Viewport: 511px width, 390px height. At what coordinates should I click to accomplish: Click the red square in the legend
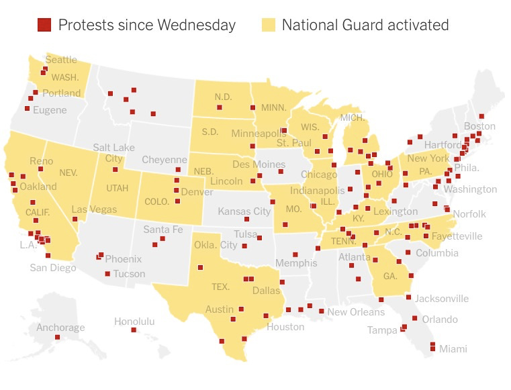(x=44, y=26)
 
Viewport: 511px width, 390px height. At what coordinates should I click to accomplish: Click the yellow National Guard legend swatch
(x=268, y=26)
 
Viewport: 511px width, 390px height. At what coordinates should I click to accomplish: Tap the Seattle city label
(x=60, y=60)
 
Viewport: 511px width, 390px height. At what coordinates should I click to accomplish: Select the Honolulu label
(x=134, y=322)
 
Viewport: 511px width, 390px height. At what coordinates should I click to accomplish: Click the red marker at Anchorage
(x=57, y=338)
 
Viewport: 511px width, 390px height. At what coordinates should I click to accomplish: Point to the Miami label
(x=453, y=349)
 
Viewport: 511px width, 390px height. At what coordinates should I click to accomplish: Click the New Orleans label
(x=356, y=311)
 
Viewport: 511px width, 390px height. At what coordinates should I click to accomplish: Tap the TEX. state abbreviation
(x=220, y=287)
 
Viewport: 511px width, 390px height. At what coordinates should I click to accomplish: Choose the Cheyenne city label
(x=165, y=160)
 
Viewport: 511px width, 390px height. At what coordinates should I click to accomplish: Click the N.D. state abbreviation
(x=223, y=97)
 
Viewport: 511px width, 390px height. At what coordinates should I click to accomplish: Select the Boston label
(x=479, y=126)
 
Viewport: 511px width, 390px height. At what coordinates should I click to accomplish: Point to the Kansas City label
(x=244, y=211)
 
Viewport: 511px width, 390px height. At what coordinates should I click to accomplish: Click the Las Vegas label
(x=94, y=209)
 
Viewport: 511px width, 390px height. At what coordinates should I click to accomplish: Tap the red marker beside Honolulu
(x=134, y=330)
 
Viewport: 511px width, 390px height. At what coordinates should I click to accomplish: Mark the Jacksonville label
(x=442, y=298)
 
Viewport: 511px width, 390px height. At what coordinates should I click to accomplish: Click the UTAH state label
(x=118, y=189)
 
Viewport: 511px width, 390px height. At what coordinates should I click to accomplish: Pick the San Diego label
(x=53, y=267)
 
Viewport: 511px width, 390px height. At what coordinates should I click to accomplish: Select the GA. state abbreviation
(x=390, y=276)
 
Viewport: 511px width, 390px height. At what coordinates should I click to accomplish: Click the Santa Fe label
(x=163, y=230)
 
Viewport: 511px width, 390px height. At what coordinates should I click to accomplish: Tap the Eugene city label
(x=50, y=109)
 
